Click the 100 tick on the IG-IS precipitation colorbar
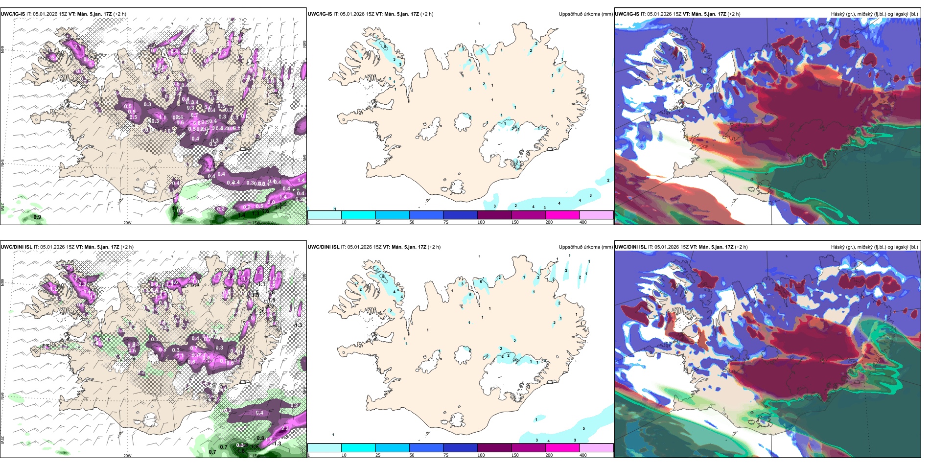pos(481,222)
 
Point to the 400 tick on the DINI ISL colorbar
pos(583,455)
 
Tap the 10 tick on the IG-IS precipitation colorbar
pos(344,222)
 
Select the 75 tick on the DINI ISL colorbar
pos(446,455)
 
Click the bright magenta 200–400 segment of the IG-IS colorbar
pos(562,215)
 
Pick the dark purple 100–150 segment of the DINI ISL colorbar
pos(494,448)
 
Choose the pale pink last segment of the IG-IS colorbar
pos(596,215)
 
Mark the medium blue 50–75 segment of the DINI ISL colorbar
pos(426,448)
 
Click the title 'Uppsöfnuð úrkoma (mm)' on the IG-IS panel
pos(585,14)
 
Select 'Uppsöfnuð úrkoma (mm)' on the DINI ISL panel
pos(585,247)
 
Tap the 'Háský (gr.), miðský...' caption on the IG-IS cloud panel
pos(874,14)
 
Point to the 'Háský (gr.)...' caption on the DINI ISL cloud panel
pos(874,247)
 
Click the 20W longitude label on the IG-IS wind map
pos(127,223)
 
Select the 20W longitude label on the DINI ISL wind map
pos(127,456)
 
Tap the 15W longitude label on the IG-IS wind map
pos(255,223)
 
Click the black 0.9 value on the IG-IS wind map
pos(37,217)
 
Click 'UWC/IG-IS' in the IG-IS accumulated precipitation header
pos(320,14)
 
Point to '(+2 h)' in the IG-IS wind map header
pos(119,14)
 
